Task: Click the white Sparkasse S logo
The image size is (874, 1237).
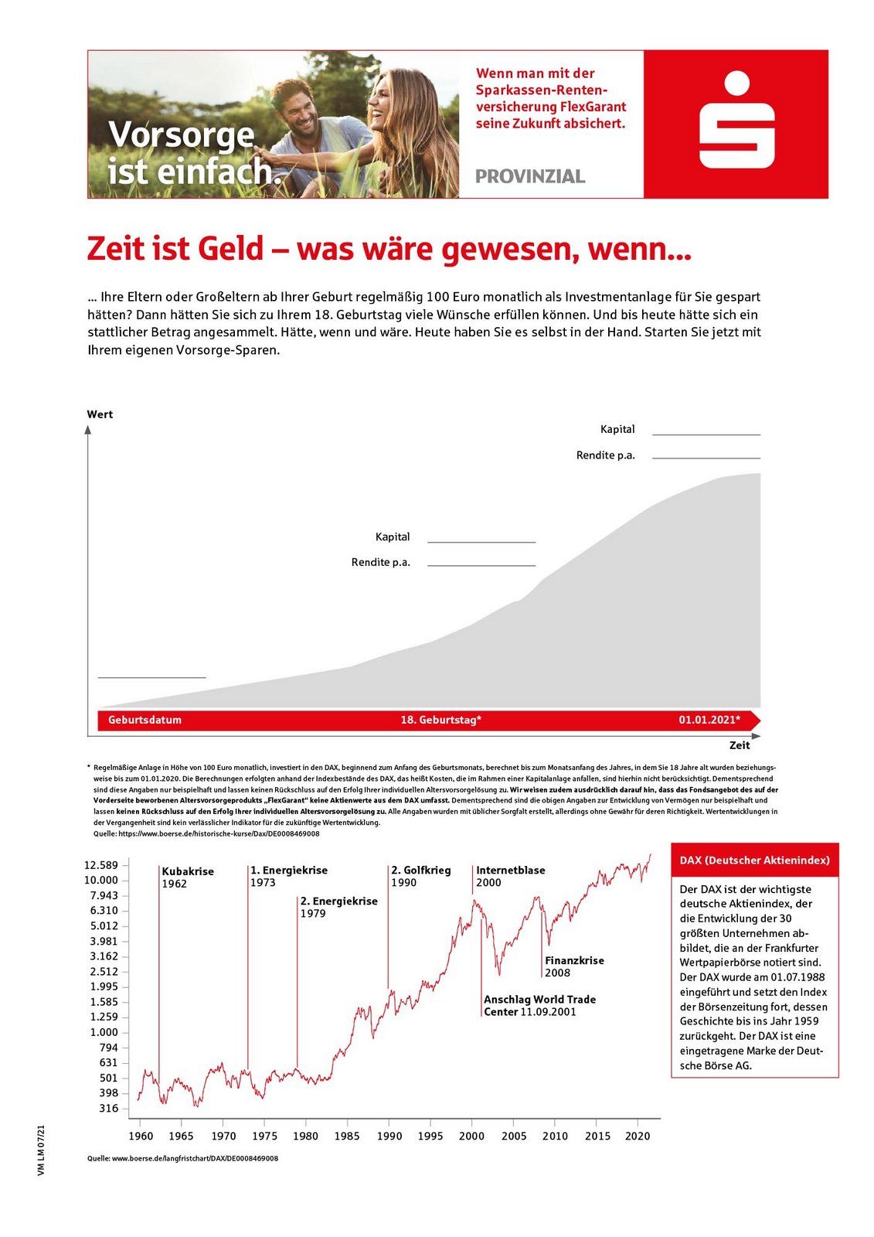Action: [736, 121]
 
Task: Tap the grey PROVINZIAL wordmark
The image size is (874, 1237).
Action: [530, 176]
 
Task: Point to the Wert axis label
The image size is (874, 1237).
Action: [100, 414]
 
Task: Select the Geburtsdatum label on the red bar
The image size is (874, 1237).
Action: [145, 720]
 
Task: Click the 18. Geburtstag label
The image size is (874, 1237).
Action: [440, 720]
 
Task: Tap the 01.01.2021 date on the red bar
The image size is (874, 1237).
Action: [709, 720]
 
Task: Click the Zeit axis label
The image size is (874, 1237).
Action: [740, 745]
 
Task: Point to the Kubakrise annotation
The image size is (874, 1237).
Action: [188, 871]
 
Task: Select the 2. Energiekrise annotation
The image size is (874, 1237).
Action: [338, 901]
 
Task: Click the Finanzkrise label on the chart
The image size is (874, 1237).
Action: [574, 961]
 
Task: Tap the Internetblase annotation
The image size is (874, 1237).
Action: [510, 871]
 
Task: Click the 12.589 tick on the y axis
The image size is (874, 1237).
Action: [101, 865]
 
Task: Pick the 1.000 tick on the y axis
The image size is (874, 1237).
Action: [104, 1032]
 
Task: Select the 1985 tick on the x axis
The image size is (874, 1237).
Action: [347, 1136]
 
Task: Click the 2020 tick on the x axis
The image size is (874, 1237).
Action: [638, 1136]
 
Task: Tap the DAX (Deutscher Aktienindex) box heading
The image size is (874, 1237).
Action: [754, 860]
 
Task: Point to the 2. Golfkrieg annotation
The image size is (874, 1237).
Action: [420, 871]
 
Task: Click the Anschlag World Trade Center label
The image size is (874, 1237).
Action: [539, 1005]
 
